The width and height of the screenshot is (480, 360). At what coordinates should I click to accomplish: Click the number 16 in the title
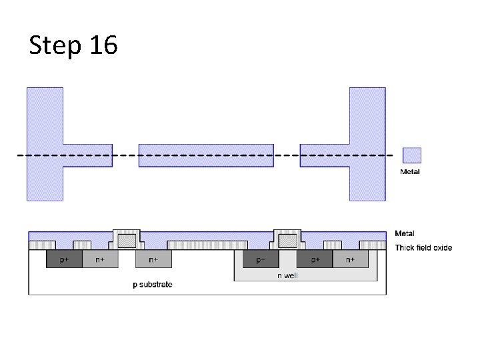[x=101, y=45]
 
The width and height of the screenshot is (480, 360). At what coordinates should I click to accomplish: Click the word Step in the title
[x=54, y=45]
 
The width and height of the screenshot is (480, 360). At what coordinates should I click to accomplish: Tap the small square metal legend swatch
[x=411, y=155]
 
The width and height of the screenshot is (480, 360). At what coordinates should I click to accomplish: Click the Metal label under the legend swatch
[x=410, y=172]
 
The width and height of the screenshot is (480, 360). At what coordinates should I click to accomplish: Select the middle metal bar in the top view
[x=206, y=155]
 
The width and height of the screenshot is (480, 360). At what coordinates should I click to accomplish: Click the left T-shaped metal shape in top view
[x=45, y=144]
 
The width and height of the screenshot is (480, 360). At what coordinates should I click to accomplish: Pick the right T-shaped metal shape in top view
[x=367, y=144]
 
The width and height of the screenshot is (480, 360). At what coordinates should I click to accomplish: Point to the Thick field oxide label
[x=423, y=248]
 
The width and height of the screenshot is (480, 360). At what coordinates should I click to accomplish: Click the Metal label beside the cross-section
[x=405, y=233]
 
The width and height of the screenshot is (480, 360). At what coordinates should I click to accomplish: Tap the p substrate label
[x=152, y=285]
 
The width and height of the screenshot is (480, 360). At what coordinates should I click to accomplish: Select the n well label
[x=287, y=275]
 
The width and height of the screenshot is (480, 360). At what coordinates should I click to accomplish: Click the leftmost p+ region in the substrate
[x=63, y=259]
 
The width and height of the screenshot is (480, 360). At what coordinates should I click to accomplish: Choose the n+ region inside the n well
[x=351, y=259]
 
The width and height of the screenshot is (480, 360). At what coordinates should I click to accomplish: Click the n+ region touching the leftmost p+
[x=99, y=259]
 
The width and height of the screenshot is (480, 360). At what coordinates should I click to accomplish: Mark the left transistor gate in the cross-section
[x=127, y=240]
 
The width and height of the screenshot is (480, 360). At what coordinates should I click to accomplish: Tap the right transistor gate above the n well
[x=288, y=240]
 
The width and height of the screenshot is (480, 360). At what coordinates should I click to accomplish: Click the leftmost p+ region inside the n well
[x=261, y=259]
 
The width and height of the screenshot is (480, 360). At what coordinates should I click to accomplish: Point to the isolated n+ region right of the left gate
[x=153, y=259]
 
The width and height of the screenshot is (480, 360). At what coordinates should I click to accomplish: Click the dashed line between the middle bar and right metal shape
[x=287, y=155]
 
